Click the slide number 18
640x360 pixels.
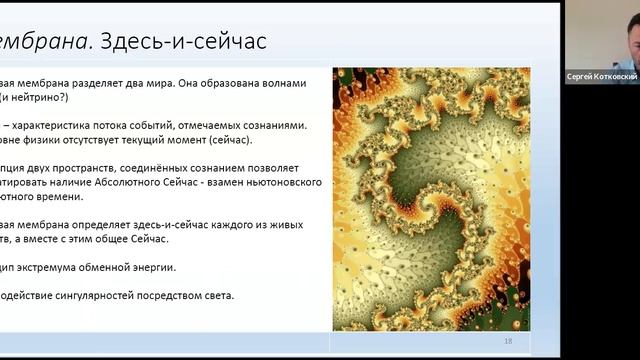click(508, 342)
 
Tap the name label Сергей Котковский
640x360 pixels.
click(601, 76)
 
